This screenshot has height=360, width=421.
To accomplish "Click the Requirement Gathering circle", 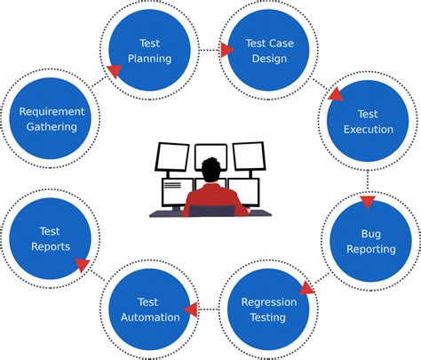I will (52, 119).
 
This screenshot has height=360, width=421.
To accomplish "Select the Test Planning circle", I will (149, 51).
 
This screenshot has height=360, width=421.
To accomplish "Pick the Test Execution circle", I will (367, 122).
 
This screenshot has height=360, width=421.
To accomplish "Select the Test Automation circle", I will (147, 309).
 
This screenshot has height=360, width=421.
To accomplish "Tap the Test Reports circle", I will (50, 239).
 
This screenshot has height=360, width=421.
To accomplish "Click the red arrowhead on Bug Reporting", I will (368, 204).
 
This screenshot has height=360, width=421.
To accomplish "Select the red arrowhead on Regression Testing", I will (306, 288).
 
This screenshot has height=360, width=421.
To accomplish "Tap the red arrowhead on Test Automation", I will (188, 310).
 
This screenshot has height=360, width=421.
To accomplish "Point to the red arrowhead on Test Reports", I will (82, 264).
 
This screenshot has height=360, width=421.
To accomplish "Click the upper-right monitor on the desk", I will (249, 156).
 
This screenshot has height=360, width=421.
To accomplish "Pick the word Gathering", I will (52, 127).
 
